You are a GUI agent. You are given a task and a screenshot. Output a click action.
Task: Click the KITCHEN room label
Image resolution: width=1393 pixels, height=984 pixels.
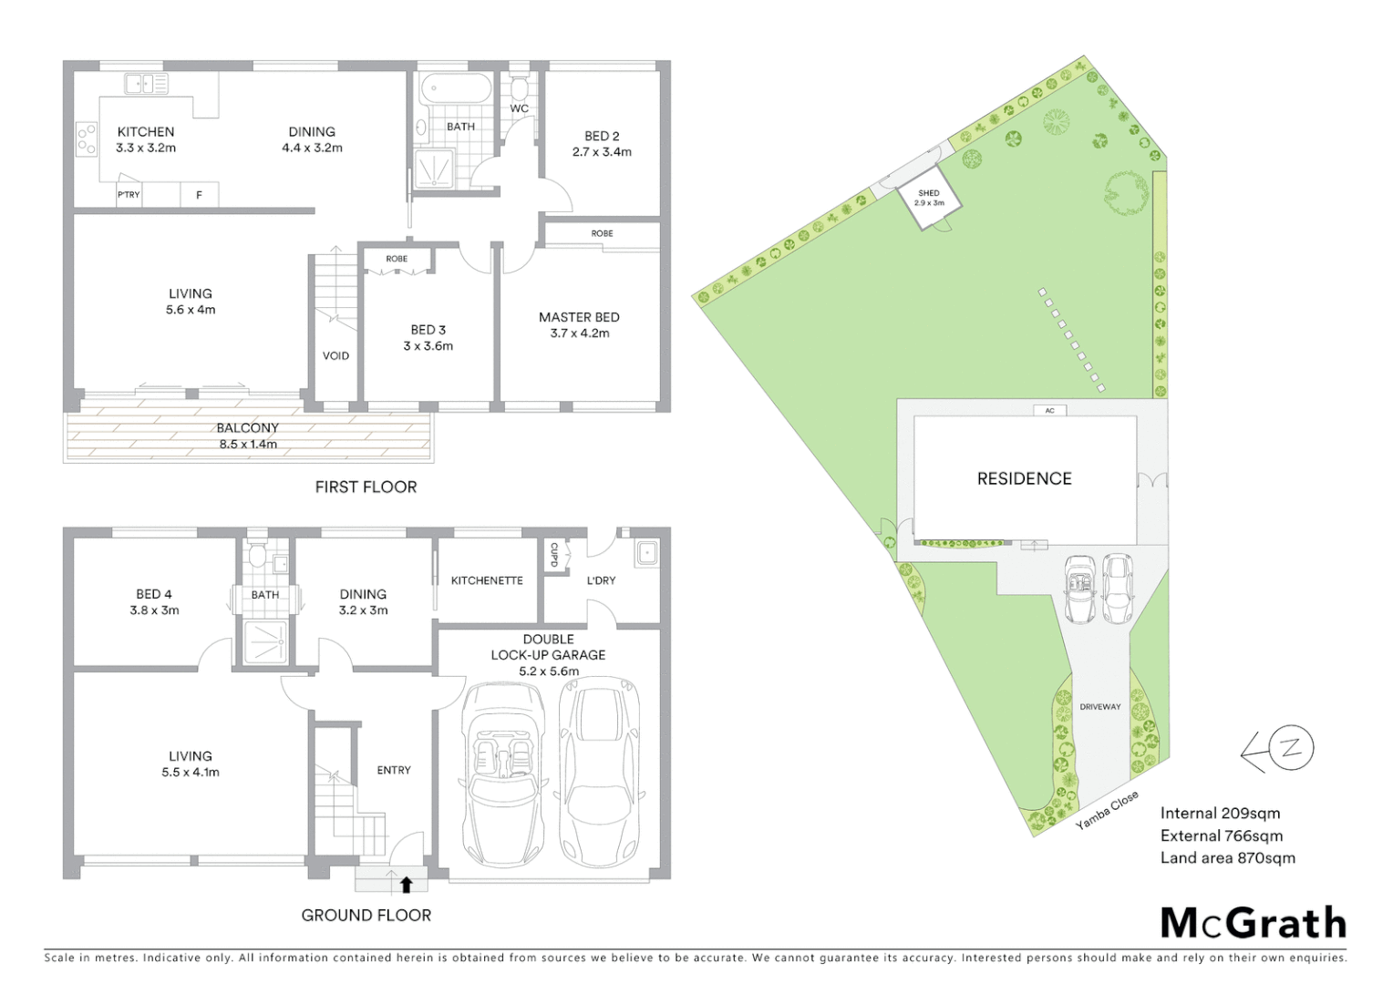[x=145, y=132]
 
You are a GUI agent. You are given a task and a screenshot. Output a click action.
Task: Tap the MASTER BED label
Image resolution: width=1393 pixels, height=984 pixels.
[x=579, y=317]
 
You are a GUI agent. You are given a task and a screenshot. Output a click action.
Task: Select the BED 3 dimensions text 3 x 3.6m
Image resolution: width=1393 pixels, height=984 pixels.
[x=428, y=346]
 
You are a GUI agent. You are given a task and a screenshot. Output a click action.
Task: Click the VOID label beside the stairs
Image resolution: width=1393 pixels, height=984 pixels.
[x=335, y=356]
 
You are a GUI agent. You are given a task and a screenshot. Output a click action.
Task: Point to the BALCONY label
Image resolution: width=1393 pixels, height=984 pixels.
[x=247, y=428]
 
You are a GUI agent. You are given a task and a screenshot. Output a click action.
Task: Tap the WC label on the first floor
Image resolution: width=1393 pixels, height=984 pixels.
[x=519, y=108]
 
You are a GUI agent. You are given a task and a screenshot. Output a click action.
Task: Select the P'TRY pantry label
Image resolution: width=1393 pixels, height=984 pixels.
[x=129, y=195]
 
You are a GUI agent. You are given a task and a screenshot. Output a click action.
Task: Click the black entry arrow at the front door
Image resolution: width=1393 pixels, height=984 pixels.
[x=406, y=884]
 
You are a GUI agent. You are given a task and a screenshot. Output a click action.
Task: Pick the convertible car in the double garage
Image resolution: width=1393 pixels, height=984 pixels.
[x=501, y=774]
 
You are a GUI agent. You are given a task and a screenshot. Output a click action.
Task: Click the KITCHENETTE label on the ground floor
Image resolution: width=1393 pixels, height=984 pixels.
[x=487, y=580]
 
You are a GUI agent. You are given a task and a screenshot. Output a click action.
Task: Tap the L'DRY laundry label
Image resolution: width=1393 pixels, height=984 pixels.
[x=601, y=580]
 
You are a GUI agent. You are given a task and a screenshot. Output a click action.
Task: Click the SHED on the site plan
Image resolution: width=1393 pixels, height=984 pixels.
[x=929, y=198]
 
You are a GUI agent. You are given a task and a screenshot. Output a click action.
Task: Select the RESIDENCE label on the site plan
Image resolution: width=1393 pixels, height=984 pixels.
[x=1024, y=478]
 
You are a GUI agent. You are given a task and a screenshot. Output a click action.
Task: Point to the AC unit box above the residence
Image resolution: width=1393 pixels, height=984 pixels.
[x=1049, y=411]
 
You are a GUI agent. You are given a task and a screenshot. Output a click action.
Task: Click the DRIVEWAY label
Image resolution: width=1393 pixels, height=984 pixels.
[x=1099, y=707]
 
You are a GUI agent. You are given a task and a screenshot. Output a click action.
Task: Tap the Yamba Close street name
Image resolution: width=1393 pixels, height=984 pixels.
[x=1107, y=810]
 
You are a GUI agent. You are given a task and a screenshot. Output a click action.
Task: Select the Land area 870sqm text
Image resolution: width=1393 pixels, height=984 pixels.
[x=1227, y=857]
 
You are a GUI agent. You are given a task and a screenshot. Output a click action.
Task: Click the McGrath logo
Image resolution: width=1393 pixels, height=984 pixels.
[x=1253, y=923]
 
